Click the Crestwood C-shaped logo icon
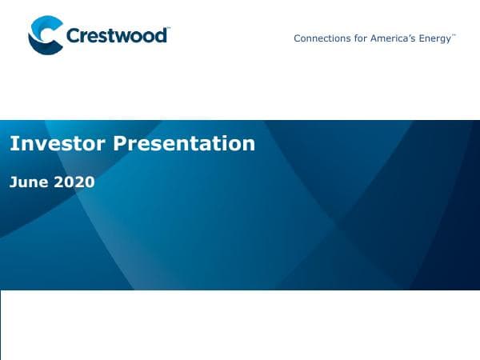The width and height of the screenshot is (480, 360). pos(45,35)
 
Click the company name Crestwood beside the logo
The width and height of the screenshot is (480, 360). pos(117,36)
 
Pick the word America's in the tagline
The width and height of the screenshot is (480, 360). pos(391,38)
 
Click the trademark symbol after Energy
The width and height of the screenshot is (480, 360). pos(454,35)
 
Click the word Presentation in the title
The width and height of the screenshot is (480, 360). pos(184,143)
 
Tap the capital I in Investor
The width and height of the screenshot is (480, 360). pos(12,143)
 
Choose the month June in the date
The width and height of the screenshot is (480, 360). pos(29,182)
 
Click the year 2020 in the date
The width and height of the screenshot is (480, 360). pos(74,182)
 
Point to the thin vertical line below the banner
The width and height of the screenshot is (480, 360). pos(1,324)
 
